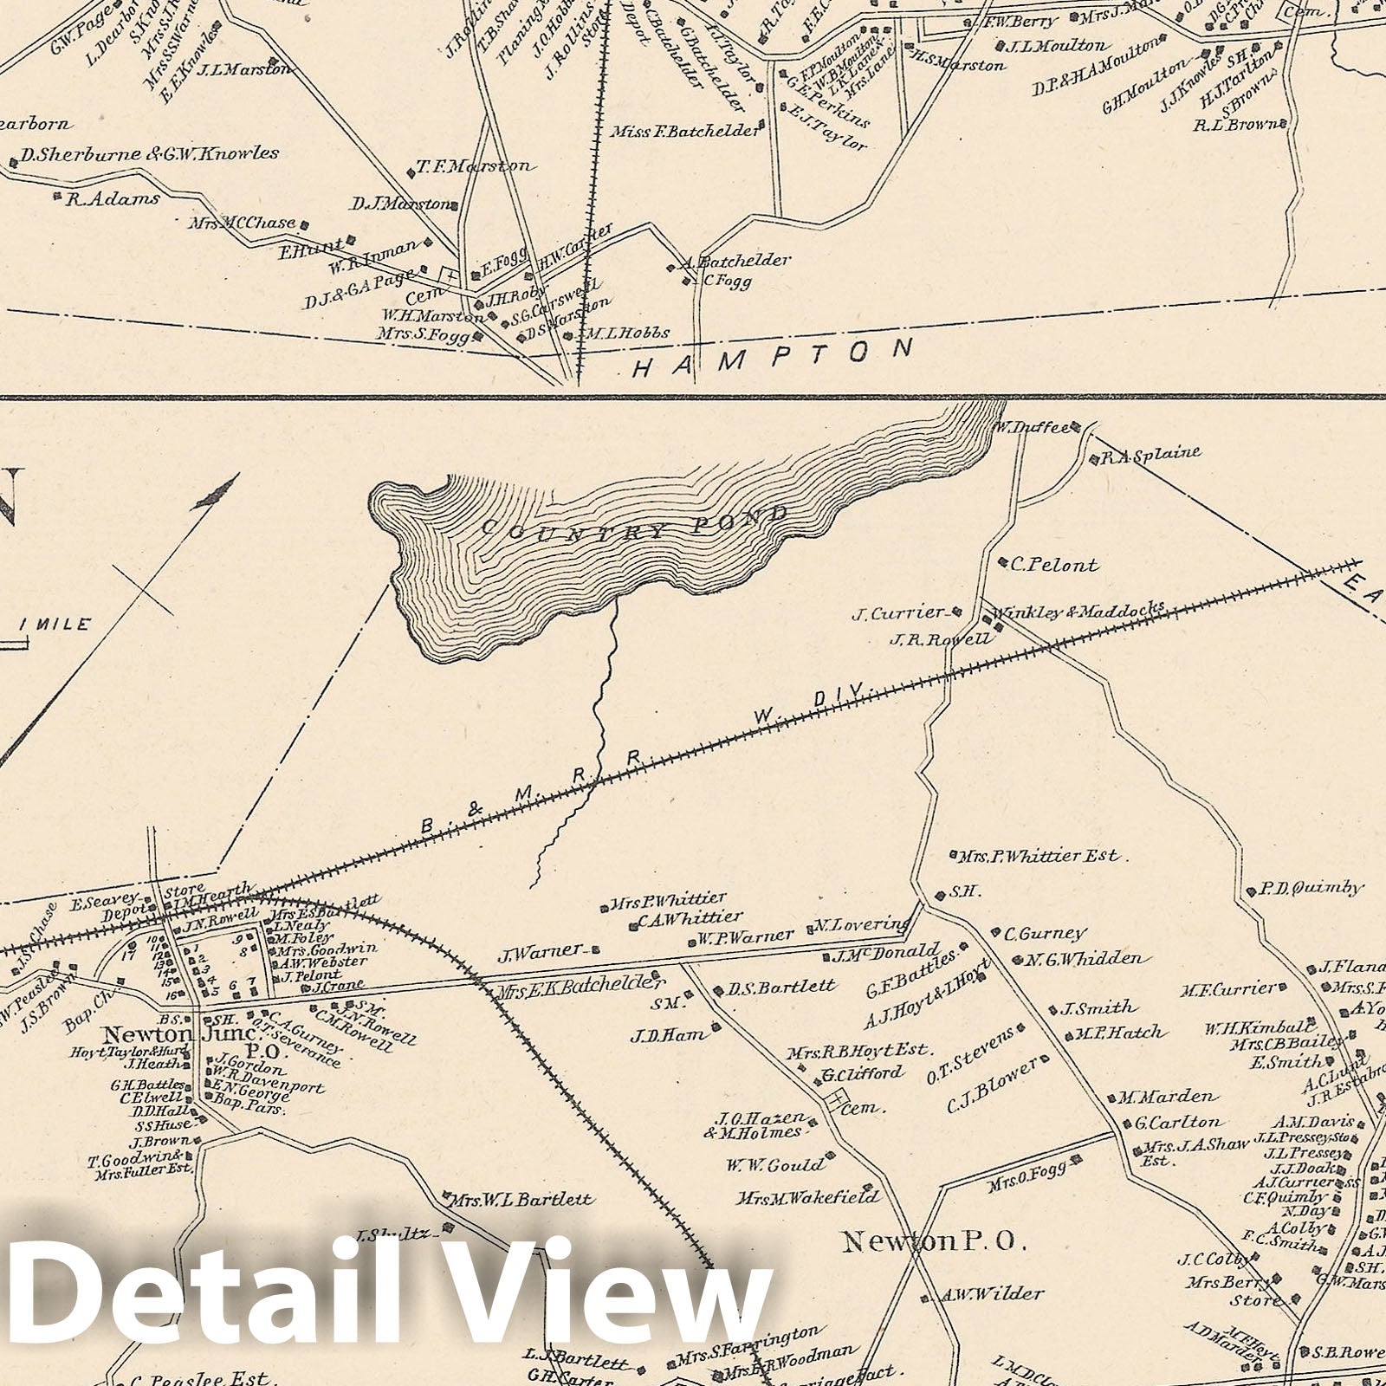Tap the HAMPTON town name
tap(772, 359)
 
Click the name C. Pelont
tap(1054, 566)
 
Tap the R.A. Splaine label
tap(1150, 453)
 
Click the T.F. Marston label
tap(474, 166)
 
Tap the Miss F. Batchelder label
tap(685, 132)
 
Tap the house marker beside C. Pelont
tap(1002, 561)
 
